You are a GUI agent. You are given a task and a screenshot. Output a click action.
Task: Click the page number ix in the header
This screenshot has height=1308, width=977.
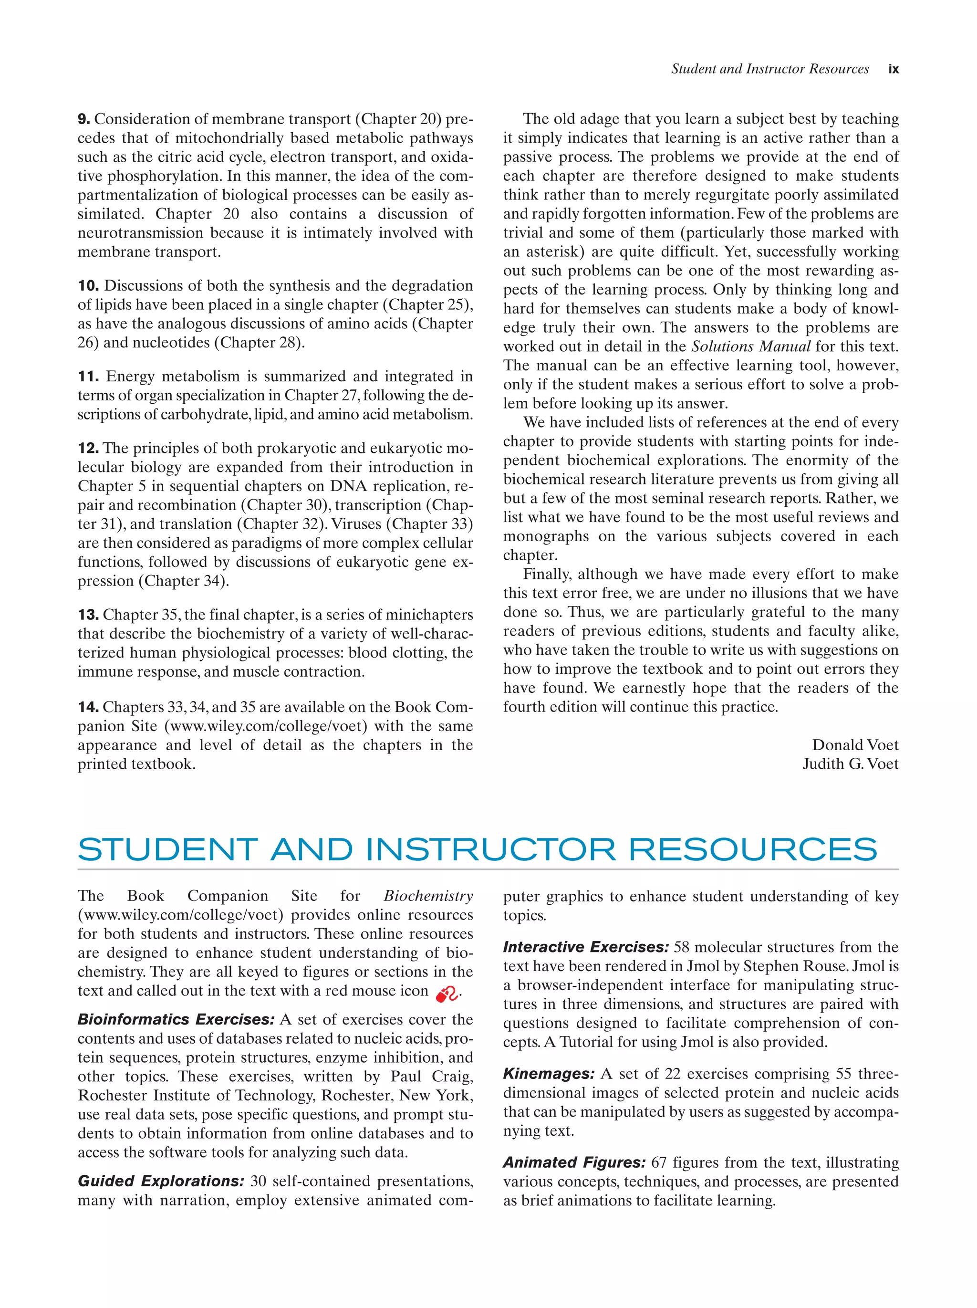[893, 69]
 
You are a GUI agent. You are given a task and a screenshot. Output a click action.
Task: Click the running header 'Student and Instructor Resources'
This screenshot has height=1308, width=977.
[769, 69]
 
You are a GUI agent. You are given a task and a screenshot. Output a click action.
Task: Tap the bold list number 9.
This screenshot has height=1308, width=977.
[83, 119]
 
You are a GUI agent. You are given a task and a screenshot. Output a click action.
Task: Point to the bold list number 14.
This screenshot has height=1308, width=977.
[87, 707]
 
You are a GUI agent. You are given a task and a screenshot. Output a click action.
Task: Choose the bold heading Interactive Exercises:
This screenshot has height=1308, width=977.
[585, 947]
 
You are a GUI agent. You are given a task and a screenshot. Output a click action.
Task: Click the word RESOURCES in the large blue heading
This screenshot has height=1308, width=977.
[752, 850]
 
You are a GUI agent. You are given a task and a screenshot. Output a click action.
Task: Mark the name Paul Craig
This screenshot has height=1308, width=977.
[431, 1076]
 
